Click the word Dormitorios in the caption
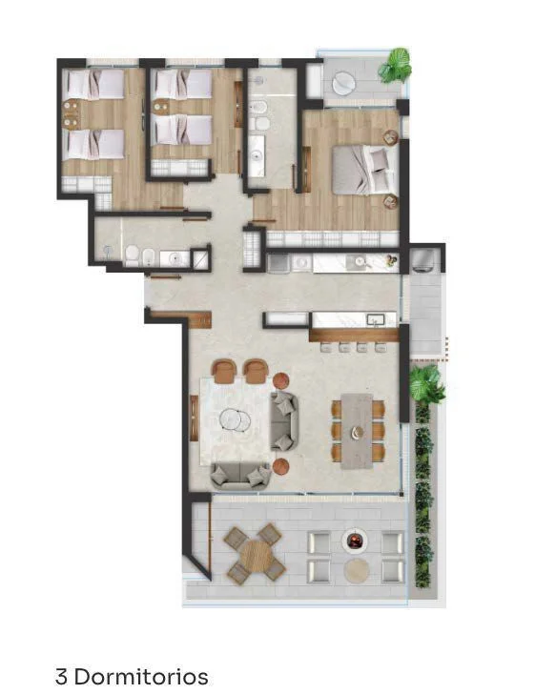tap(142, 677)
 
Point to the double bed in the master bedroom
tap(365, 171)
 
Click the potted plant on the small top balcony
tap(396, 66)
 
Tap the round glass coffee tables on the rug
tap(236, 419)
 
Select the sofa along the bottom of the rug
tap(240, 476)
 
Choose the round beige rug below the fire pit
tap(357, 570)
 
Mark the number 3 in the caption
tap(62, 677)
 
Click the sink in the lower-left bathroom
tap(175, 259)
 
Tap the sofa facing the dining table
tap(284, 421)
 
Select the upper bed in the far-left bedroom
tap(94, 85)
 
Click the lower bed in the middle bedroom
tap(181, 130)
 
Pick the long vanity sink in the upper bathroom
tap(257, 154)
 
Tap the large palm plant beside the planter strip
tap(426, 384)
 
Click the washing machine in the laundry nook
tap(424, 261)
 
